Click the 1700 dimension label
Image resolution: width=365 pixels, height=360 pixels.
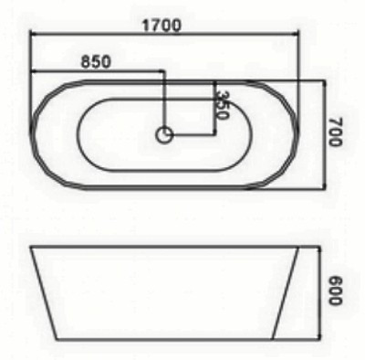[162, 26]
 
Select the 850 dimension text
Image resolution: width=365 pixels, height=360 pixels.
[96, 61]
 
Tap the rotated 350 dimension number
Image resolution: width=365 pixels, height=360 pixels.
[222, 104]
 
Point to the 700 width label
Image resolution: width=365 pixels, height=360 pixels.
[335, 132]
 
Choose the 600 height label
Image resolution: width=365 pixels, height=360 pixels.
[335, 291]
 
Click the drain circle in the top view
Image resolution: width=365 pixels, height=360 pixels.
[164, 135]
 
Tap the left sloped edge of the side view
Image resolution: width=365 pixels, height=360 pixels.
[44, 293]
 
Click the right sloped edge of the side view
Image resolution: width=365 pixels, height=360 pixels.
[286, 293]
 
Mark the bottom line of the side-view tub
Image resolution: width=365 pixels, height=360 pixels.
[164, 339]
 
